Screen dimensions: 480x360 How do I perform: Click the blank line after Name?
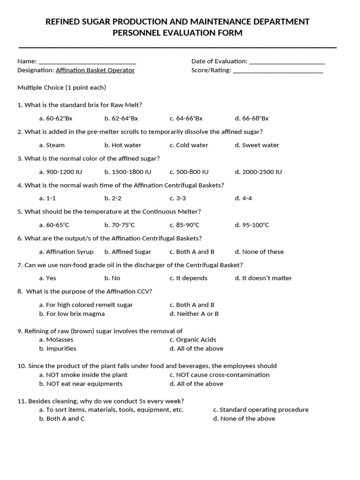tap(87, 62)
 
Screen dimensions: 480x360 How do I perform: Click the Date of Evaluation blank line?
tap(287, 62)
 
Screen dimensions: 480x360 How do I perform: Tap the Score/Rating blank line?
tap(277, 71)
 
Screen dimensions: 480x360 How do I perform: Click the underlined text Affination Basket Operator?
tap(95, 70)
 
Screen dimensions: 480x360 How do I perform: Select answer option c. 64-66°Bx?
tap(186, 119)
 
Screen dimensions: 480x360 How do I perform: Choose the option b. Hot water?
tap(123, 145)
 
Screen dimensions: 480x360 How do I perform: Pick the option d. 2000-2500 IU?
tap(258, 172)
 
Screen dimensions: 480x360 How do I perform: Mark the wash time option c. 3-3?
tap(178, 198)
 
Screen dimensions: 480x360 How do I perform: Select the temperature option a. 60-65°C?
tap(54, 225)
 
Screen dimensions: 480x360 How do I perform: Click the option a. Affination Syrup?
tap(67, 252)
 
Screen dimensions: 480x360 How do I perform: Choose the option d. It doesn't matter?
tap(263, 278)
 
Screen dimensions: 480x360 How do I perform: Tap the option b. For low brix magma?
tap(72, 314)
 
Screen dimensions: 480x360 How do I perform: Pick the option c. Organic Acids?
tap(193, 340)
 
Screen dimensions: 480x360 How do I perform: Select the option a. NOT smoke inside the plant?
tap(83, 375)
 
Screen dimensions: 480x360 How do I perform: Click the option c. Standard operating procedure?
tap(261, 410)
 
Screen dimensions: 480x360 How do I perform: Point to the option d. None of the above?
tap(244, 419)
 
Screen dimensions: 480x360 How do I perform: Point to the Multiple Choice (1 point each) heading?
tap(62, 88)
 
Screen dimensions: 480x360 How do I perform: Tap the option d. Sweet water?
tap(257, 145)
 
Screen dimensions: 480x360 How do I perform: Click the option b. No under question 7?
tap(112, 278)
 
